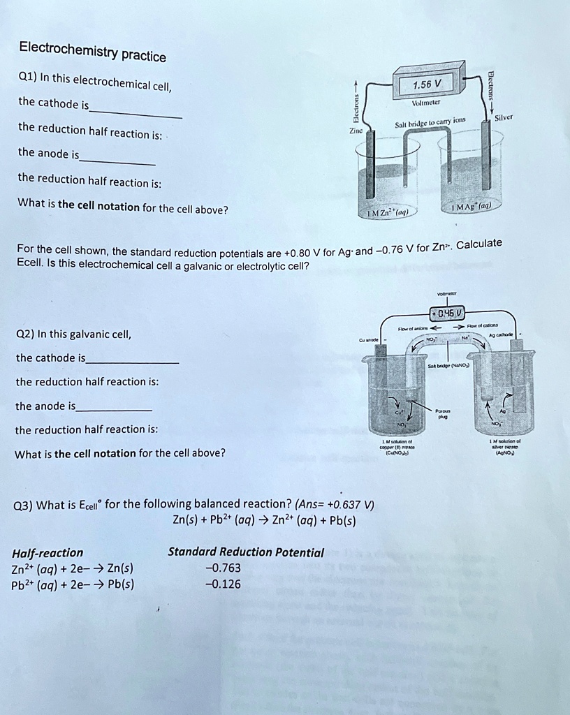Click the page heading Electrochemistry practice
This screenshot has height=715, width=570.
coord(92,51)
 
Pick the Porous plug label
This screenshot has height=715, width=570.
coord(441,414)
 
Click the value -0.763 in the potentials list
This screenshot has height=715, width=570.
coord(224,567)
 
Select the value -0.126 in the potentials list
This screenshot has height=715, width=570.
coord(224,584)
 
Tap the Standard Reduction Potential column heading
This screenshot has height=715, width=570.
coord(246,552)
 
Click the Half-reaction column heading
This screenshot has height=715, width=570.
coord(47,552)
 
